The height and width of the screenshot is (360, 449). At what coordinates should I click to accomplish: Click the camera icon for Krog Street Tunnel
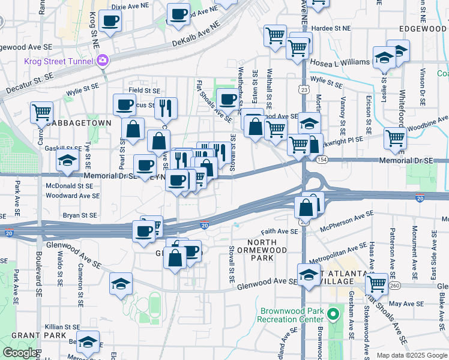coord(103,60)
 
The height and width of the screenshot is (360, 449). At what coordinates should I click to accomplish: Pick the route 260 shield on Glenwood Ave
coord(393,286)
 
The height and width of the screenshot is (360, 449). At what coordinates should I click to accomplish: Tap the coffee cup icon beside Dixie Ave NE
coord(110,21)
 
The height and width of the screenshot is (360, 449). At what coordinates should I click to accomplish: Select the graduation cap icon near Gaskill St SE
coord(67,160)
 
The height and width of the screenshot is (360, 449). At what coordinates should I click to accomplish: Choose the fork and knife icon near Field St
coord(166,107)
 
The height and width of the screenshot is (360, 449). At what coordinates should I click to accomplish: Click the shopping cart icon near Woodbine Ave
coord(395,137)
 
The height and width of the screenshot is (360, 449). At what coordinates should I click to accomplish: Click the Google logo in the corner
coord(20,353)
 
